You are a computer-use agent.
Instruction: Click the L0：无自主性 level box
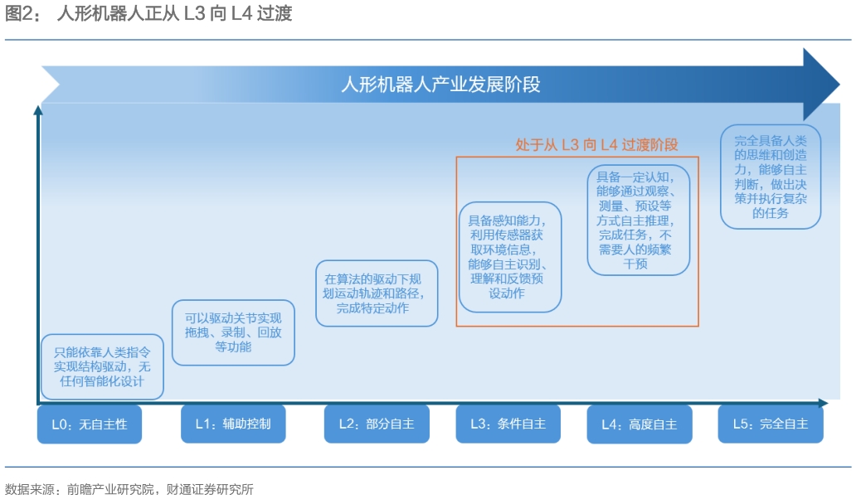coord(90,424)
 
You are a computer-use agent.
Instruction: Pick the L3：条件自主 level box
coord(508,424)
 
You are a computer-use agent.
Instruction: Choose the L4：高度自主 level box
coord(639,424)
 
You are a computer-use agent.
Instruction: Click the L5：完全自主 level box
coord(771,424)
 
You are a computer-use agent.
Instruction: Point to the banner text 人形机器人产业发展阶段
coord(440,85)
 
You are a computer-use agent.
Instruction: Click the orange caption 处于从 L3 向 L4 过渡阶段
coord(596,145)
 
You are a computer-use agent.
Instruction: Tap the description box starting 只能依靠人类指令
coord(102,366)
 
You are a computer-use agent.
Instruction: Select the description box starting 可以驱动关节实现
coord(233,332)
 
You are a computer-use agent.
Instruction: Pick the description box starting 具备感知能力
coord(510,257)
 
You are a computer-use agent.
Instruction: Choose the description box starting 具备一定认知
coord(639,220)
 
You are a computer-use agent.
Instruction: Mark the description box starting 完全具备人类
coord(770,177)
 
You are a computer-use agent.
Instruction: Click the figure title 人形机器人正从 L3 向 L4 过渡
coord(174,14)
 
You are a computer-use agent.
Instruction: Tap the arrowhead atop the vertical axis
coord(37,109)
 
